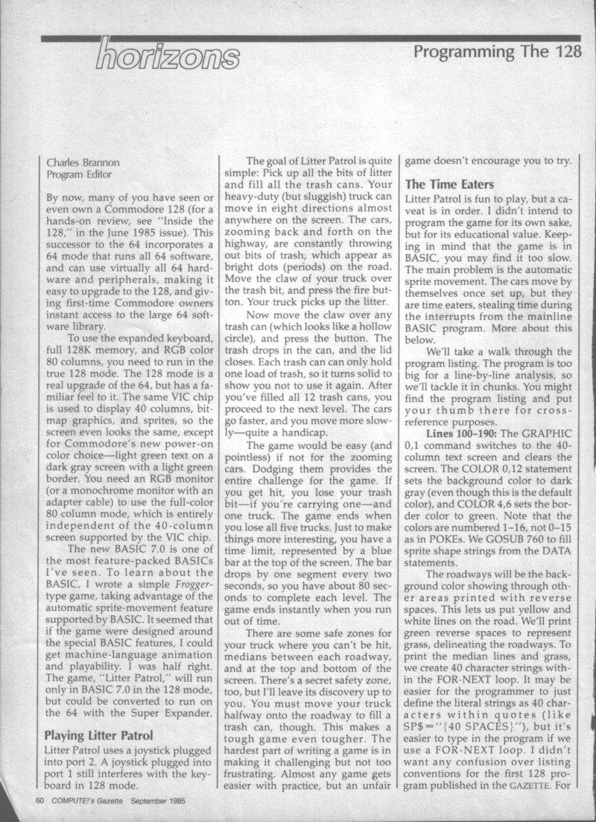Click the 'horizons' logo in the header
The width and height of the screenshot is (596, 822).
click(167, 54)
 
